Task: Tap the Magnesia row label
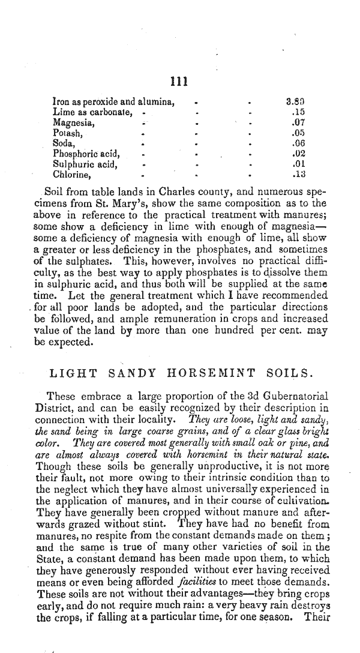pos(72,122)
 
